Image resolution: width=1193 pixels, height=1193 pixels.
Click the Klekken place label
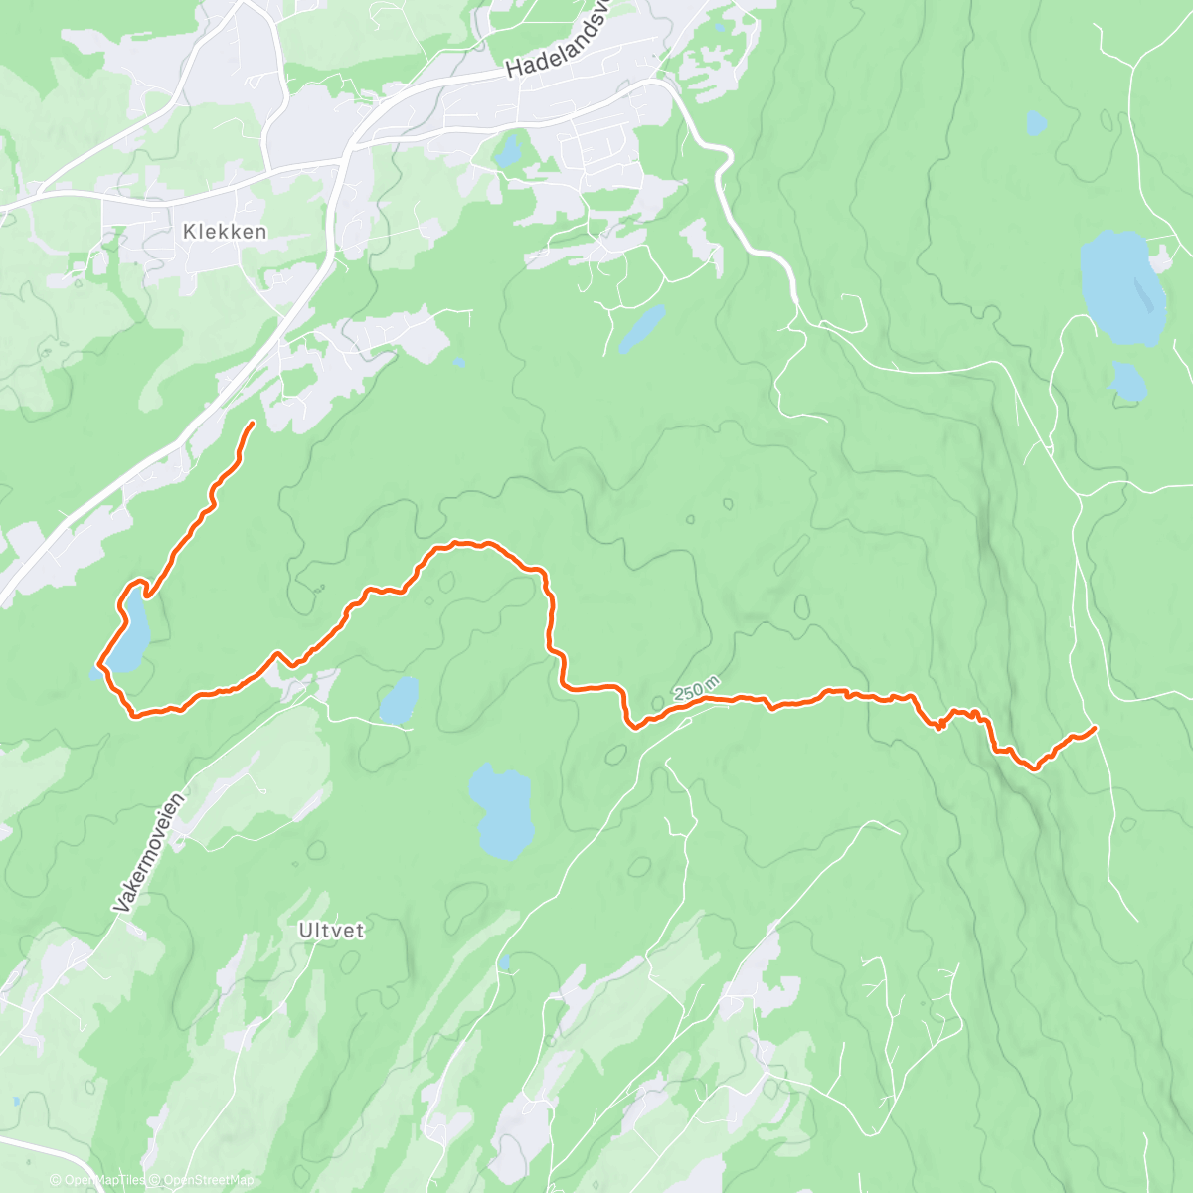(225, 231)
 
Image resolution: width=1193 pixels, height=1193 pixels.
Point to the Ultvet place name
(331, 931)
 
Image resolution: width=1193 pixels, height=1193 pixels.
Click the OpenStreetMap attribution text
(209, 1180)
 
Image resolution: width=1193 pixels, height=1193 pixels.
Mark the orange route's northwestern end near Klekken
(253, 424)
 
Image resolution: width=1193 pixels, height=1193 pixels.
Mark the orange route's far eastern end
(1095, 728)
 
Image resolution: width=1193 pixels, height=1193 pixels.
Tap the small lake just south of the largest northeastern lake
(1128, 382)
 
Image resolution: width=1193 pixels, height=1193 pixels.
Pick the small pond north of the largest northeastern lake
(1036, 124)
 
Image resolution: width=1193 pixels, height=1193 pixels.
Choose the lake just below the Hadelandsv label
(509, 152)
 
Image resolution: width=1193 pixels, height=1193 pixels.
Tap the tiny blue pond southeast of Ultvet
(506, 961)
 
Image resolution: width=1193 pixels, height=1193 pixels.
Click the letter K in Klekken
(189, 231)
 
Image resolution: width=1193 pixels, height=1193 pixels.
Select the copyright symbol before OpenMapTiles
(57, 1180)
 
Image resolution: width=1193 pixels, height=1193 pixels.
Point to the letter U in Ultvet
(304, 931)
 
